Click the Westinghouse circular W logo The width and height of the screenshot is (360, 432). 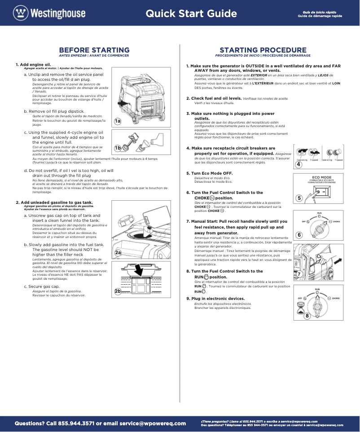(20, 13)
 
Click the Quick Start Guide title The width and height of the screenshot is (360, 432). (191, 13)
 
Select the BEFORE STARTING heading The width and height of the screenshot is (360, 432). (94, 50)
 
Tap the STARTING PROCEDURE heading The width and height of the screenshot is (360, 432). (263, 50)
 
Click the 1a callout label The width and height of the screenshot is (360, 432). (118, 121)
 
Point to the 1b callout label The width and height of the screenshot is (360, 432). (118, 148)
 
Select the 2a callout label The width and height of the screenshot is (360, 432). (118, 253)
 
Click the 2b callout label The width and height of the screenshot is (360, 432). (118, 291)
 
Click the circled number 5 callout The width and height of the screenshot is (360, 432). (299, 198)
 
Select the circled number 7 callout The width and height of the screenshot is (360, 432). (299, 274)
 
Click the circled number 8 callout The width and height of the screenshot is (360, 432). (307, 316)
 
